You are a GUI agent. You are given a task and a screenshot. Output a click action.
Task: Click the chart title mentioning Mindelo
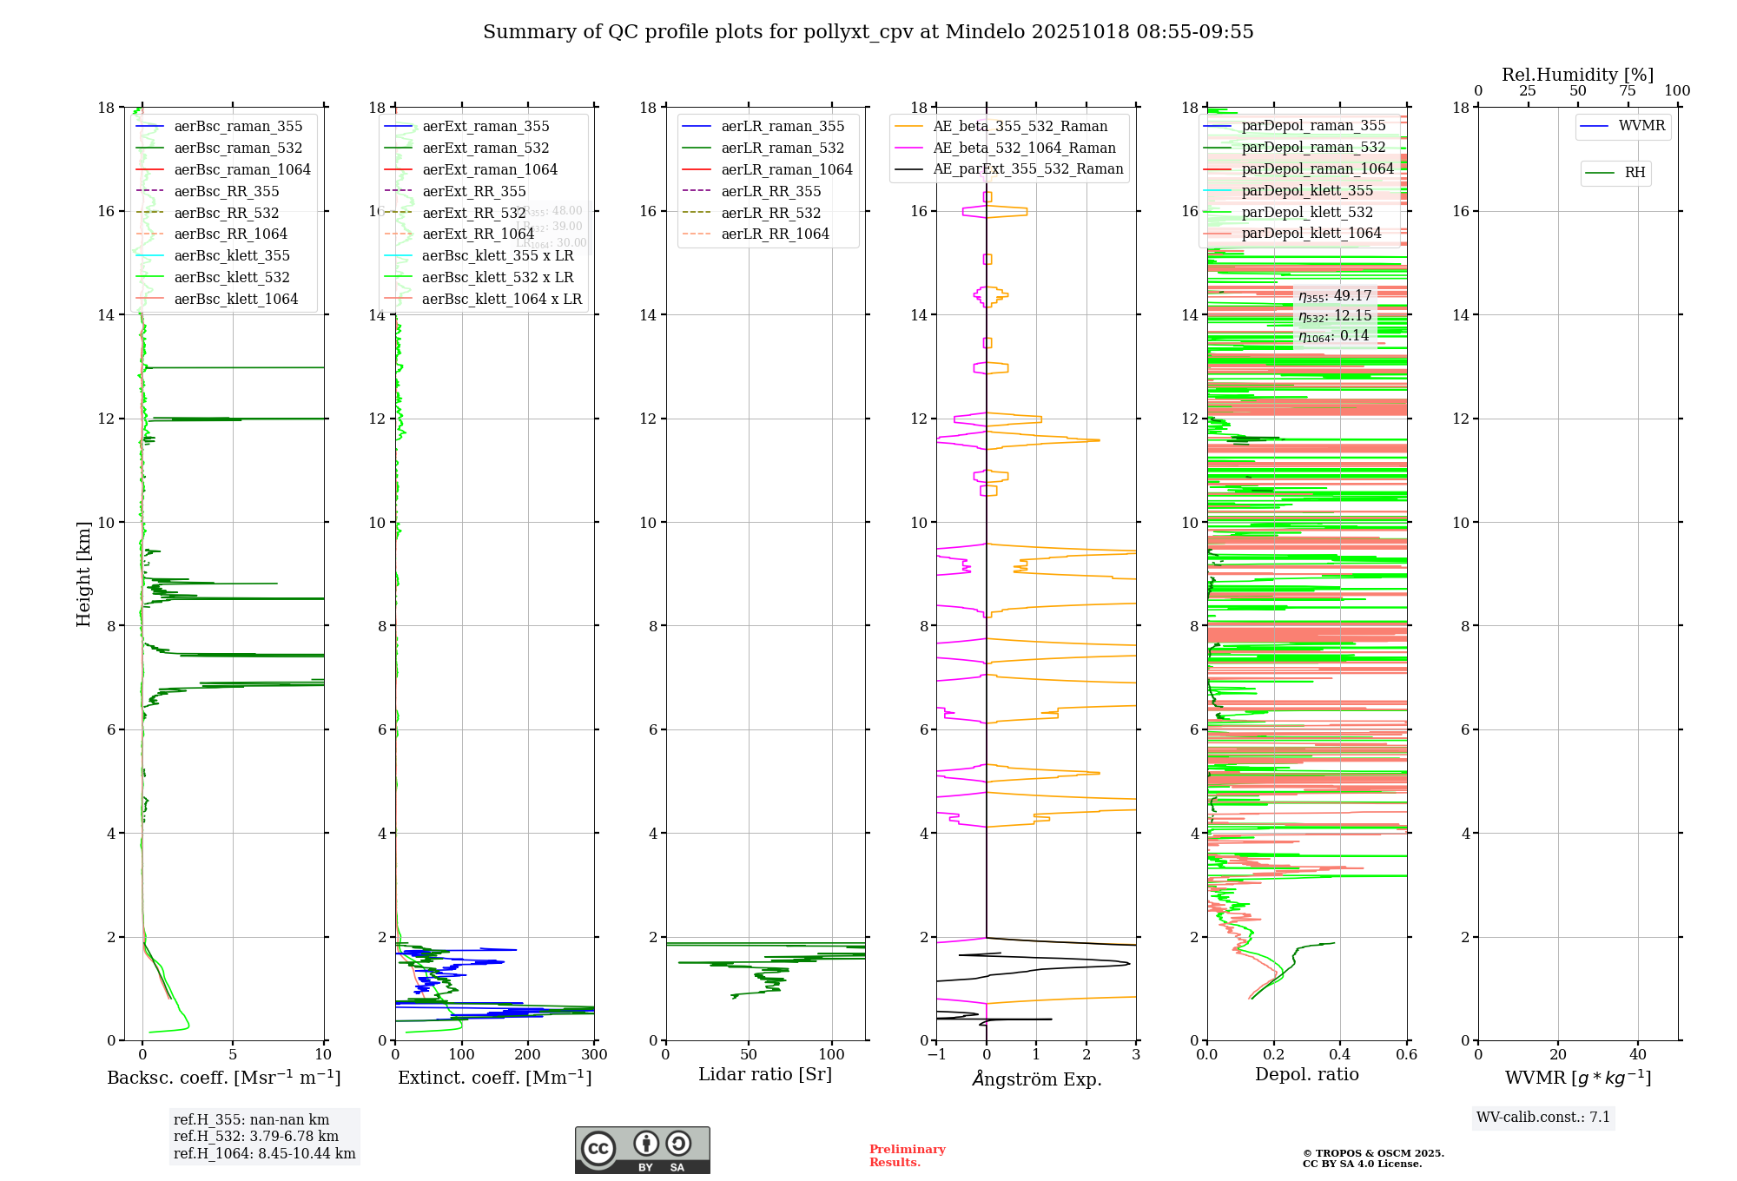tap(868, 32)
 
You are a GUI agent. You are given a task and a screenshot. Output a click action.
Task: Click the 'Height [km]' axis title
tap(83, 574)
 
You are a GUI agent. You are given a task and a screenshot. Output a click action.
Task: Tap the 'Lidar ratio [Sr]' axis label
tap(765, 1075)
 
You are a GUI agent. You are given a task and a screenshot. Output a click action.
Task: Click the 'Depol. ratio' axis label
tap(1307, 1075)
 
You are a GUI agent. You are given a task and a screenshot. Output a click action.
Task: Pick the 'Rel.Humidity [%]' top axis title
tap(1577, 75)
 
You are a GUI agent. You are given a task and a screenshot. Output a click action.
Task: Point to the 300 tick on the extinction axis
tap(594, 1055)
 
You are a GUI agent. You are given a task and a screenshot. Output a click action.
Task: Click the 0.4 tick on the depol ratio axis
tap(1340, 1055)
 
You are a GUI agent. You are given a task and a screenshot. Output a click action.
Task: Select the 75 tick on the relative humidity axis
tap(1628, 91)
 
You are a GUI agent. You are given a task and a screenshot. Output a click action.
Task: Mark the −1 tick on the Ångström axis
tap(936, 1055)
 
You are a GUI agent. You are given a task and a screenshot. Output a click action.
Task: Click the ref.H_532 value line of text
tap(256, 1137)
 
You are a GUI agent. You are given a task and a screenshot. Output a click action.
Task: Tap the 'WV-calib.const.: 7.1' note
tap(1543, 1118)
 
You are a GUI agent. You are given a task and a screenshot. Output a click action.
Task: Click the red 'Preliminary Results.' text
tap(907, 1156)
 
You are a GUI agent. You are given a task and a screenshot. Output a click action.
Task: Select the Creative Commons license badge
tap(642, 1151)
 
